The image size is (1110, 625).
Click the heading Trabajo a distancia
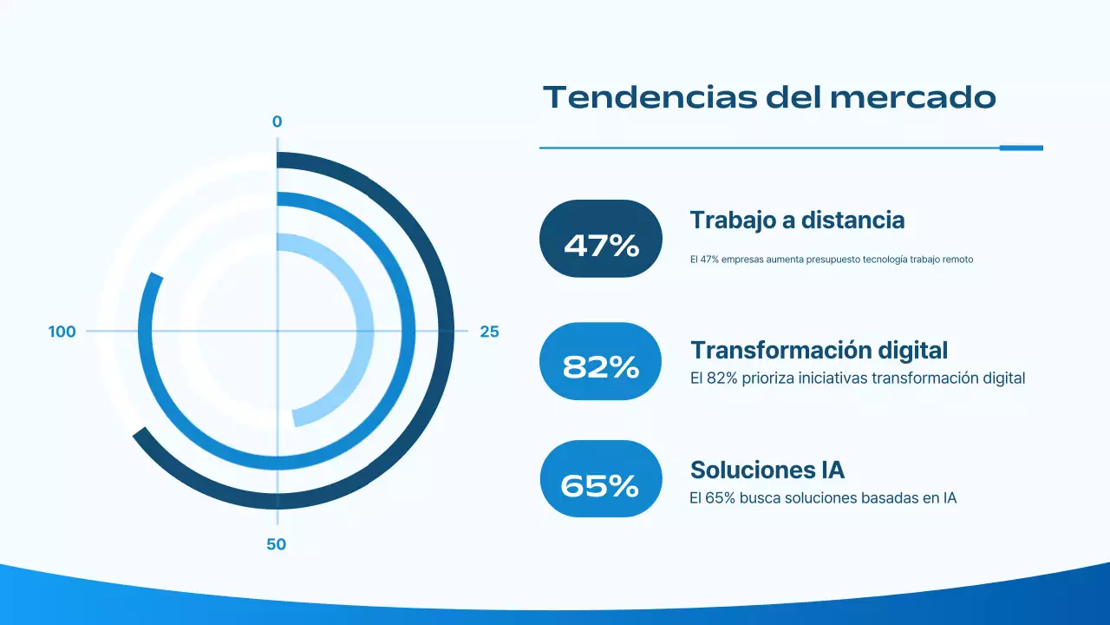point(797,220)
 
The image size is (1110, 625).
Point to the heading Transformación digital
point(819,350)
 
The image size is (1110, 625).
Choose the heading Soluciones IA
point(767,470)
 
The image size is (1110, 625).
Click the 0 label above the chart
point(277,122)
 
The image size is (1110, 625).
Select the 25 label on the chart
point(489,332)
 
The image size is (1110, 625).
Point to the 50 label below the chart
point(276,545)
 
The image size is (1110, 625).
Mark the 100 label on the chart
point(62,332)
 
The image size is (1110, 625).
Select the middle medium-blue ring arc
point(408,332)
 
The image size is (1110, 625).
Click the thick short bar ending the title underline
point(1021,148)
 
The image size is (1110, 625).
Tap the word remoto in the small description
point(956,260)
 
